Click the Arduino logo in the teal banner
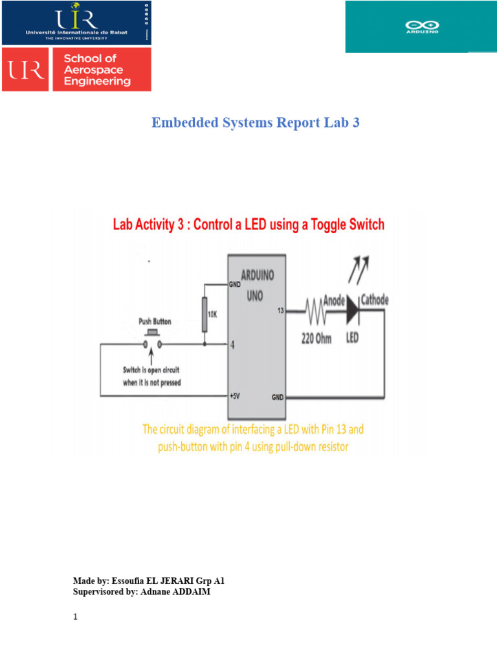point(422,27)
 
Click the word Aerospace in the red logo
point(91,70)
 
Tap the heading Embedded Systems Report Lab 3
point(255,122)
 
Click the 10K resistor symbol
point(204,314)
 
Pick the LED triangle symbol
point(351,309)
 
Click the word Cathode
point(375,300)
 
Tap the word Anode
point(333,300)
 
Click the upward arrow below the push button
point(152,357)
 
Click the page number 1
point(75,617)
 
